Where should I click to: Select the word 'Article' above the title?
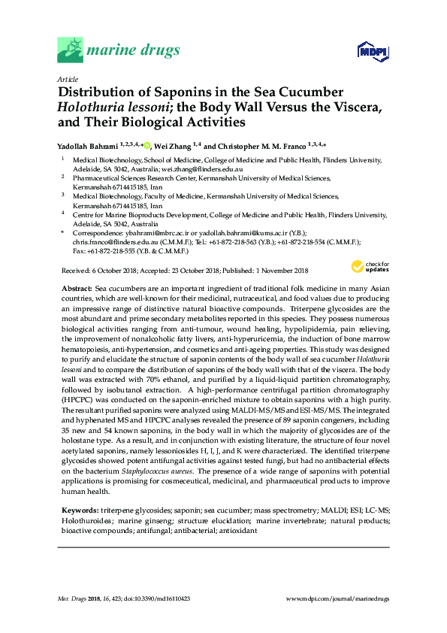click(x=67, y=79)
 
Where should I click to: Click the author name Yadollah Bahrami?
click(x=86, y=147)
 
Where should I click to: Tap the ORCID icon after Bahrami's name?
click(x=147, y=146)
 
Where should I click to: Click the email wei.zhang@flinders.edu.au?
click(x=193, y=170)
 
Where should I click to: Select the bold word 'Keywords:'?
click(x=79, y=510)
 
